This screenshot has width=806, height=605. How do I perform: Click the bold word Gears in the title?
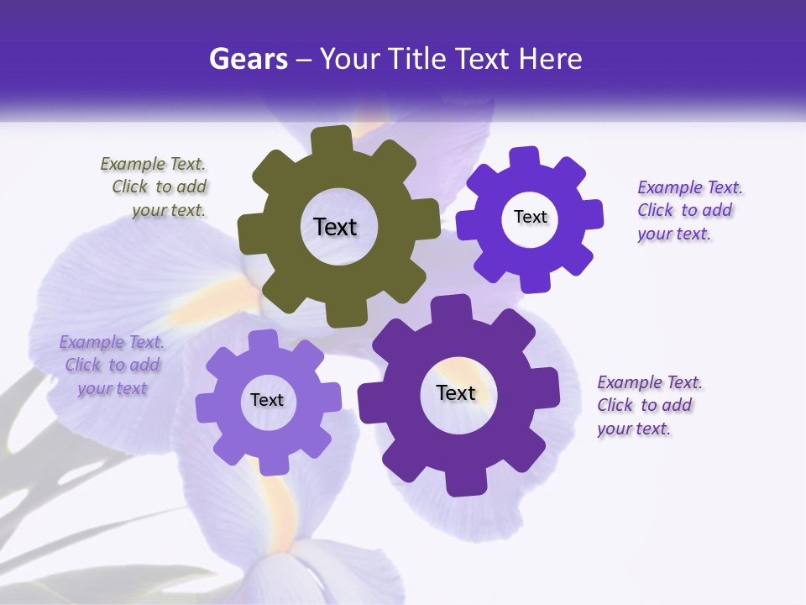(247, 59)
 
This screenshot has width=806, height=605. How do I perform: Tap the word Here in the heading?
(551, 59)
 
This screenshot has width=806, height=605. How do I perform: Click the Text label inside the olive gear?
(335, 227)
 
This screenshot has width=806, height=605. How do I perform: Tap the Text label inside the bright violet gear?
(530, 217)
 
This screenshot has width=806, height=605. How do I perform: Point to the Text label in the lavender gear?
(267, 400)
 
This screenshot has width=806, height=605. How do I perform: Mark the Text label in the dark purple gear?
(456, 392)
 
